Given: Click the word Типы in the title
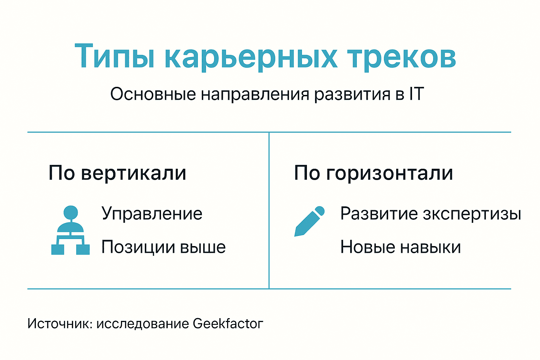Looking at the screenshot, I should point(115,56).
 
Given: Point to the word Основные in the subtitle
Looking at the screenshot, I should point(153,94).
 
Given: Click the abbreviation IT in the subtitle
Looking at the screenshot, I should point(416,94).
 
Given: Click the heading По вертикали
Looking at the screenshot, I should point(117,173).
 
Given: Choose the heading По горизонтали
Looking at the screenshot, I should point(373,173).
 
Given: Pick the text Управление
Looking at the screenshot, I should point(152,214).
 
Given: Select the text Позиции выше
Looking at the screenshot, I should point(163,247).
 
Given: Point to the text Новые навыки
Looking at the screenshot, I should point(400,247).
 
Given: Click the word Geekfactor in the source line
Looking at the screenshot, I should point(228,323).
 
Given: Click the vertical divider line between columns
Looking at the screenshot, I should point(269,211).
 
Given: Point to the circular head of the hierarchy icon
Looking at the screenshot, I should point(71,213).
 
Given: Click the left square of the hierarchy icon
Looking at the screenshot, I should point(58,249).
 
